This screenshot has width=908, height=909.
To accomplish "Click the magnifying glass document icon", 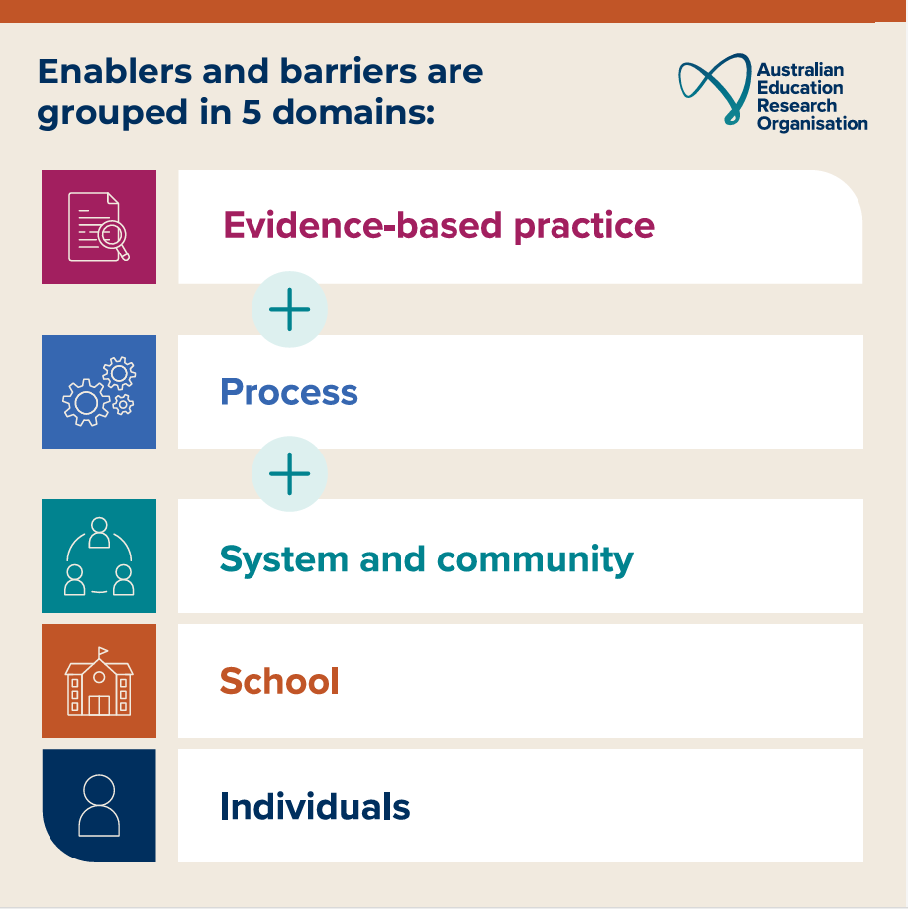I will [99, 227].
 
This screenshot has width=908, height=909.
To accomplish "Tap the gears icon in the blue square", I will [99, 392].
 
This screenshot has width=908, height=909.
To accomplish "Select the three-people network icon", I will [99, 555].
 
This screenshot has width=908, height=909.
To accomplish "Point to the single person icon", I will [99, 805].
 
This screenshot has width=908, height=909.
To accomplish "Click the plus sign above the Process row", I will [289, 310].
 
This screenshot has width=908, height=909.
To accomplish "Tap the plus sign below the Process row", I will [289, 474].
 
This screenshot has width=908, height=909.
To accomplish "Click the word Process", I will [288, 393].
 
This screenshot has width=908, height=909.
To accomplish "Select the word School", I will [279, 682].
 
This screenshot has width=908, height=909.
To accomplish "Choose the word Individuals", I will [315, 807].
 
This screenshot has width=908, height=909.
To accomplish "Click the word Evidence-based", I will [362, 226].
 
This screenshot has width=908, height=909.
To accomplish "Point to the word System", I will [283, 559].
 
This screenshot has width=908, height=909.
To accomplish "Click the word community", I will [535, 559].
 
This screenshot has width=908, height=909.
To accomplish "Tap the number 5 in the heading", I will [251, 112].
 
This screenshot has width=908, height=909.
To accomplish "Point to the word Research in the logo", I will [797, 106].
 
